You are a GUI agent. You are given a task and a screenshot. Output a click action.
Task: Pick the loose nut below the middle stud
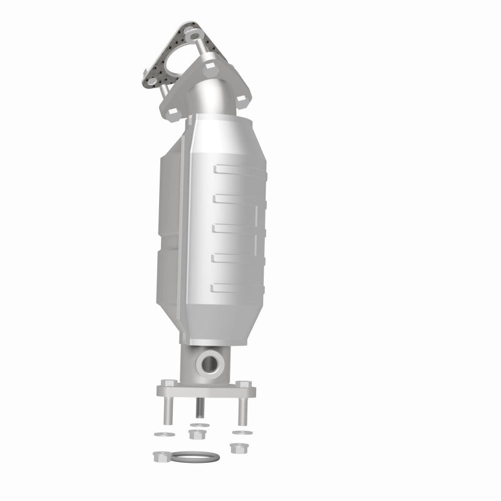(x=199, y=434)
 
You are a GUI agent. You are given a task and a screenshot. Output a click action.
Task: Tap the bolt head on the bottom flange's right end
(x=243, y=384)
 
